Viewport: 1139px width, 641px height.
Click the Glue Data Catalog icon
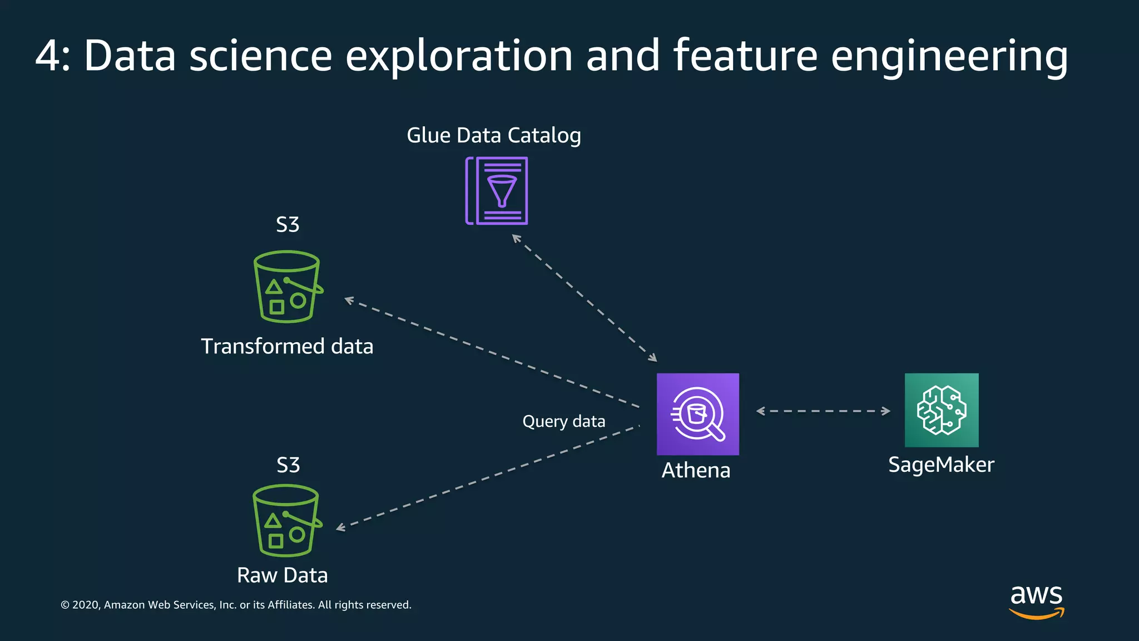(497, 191)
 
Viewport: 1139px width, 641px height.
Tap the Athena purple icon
(697, 414)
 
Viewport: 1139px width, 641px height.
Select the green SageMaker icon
(941, 410)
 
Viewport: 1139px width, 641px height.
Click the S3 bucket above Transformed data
(287, 287)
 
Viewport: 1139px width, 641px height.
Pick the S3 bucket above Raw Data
(286, 520)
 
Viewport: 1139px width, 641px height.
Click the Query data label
(563, 421)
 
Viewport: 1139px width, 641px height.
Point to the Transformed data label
(287, 346)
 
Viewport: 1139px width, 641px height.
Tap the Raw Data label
(282, 575)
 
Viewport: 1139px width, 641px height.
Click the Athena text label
(696, 471)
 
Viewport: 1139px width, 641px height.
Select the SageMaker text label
(941, 465)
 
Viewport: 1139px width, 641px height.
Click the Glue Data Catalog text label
(494, 135)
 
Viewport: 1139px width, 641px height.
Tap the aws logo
(1036, 601)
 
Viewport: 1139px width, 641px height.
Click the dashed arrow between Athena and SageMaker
(823, 411)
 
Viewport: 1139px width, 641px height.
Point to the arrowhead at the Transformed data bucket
(349, 300)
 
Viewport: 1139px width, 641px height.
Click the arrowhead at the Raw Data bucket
(340, 527)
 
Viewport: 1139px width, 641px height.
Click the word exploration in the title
(459, 56)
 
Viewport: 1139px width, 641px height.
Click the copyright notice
(236, 605)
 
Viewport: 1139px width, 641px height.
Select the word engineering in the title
(949, 56)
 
